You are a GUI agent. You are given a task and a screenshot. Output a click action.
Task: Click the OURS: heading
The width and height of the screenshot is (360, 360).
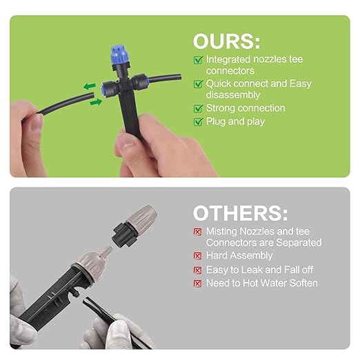point(226,41)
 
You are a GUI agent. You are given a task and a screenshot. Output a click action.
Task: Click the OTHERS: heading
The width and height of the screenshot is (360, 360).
point(240,213)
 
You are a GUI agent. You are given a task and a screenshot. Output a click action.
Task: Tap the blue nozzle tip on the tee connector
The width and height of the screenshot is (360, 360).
point(119,54)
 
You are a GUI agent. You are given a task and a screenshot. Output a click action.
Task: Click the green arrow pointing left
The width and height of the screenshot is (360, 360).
point(90,86)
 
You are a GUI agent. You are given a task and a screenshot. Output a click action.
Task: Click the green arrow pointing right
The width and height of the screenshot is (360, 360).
point(96,102)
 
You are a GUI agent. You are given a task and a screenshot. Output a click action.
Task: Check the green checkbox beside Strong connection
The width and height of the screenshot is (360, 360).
point(198,108)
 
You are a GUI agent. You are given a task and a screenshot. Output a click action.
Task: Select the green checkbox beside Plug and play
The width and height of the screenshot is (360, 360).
point(198,122)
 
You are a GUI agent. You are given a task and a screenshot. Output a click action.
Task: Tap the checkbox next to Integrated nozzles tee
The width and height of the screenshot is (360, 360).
point(198,60)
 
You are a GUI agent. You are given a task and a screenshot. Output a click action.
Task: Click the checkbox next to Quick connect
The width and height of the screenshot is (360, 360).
point(198,84)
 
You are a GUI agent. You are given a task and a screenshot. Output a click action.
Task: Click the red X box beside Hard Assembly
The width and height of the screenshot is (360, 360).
point(197,256)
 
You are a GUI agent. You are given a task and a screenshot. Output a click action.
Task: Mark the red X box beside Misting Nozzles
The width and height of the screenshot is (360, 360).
point(197,232)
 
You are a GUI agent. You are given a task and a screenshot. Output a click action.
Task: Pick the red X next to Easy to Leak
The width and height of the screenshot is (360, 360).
point(197,270)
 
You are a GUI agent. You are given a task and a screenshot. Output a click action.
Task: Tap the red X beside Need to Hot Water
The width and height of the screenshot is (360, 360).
point(197,283)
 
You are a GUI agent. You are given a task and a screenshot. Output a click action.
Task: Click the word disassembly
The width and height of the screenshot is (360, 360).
point(233,95)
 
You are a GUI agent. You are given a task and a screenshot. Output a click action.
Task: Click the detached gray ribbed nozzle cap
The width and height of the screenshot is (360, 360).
point(142,217)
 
